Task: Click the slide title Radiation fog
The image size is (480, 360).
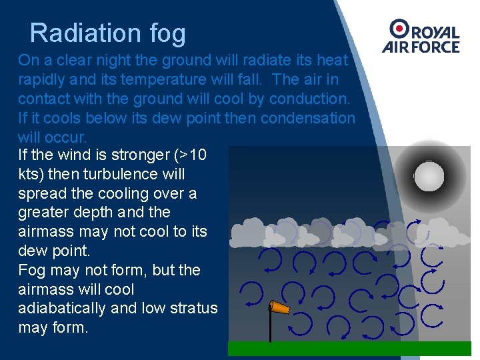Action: pyautogui.click(x=108, y=33)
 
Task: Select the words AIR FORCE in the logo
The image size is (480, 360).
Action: pyautogui.click(x=421, y=47)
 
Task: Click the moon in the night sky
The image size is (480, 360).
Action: pyautogui.click(x=429, y=176)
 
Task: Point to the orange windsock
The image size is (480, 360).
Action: pyautogui.click(x=280, y=307)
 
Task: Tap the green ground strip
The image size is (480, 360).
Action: pyautogui.click(x=349, y=348)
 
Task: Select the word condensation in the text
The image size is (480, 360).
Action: pyautogui.click(x=308, y=118)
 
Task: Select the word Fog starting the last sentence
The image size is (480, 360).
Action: pyautogui.click(x=32, y=270)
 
